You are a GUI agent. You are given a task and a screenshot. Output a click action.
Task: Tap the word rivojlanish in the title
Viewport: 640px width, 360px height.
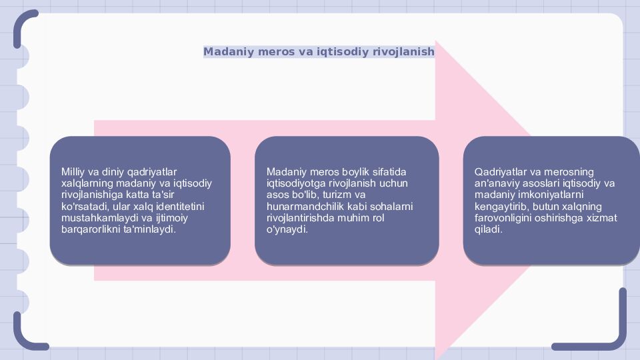click(x=403, y=51)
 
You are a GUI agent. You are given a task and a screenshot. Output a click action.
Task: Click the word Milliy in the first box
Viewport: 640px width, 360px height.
click(x=73, y=171)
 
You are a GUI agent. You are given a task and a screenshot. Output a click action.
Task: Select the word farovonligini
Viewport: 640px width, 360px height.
click(x=505, y=217)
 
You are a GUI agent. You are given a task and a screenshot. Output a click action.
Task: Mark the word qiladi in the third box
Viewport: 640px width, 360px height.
click(x=488, y=229)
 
